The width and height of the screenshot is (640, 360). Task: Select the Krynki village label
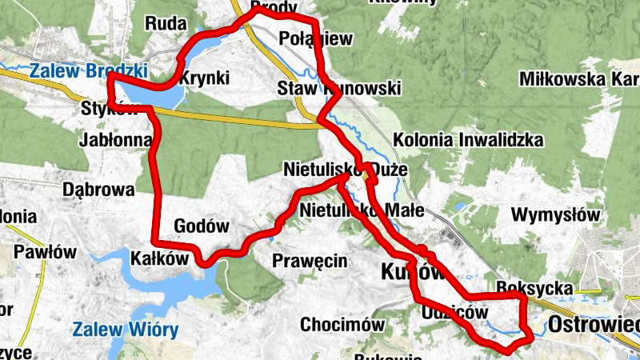[205, 78]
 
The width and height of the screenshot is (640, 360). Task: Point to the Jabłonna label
[116, 140]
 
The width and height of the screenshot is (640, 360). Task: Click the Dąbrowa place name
[98, 190]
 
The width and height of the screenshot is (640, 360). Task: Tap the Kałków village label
[158, 259]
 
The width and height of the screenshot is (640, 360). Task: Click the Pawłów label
[45, 252]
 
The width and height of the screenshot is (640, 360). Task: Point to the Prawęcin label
[310, 260]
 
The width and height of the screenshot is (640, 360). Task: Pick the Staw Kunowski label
[339, 88]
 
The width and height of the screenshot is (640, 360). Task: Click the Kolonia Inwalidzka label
[468, 141]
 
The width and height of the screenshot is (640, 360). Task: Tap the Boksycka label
[534, 288]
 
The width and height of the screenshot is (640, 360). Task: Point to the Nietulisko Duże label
[346, 170]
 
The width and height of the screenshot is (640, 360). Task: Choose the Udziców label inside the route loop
[454, 314]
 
